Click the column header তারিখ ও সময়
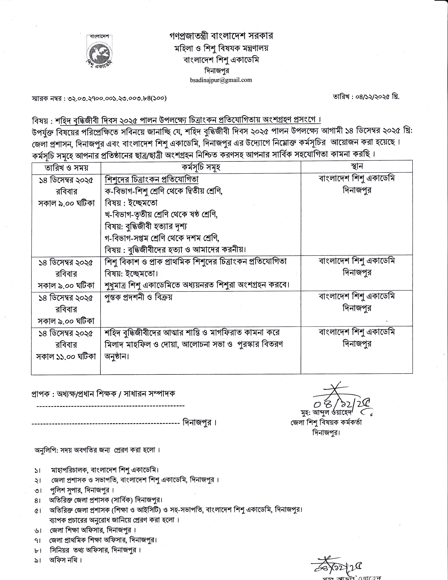(66, 167)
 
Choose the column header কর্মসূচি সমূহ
(201, 167)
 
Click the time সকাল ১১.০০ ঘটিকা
(66, 357)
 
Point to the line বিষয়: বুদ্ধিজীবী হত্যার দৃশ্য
(146, 226)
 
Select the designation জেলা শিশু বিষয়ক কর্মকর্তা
(326, 423)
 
